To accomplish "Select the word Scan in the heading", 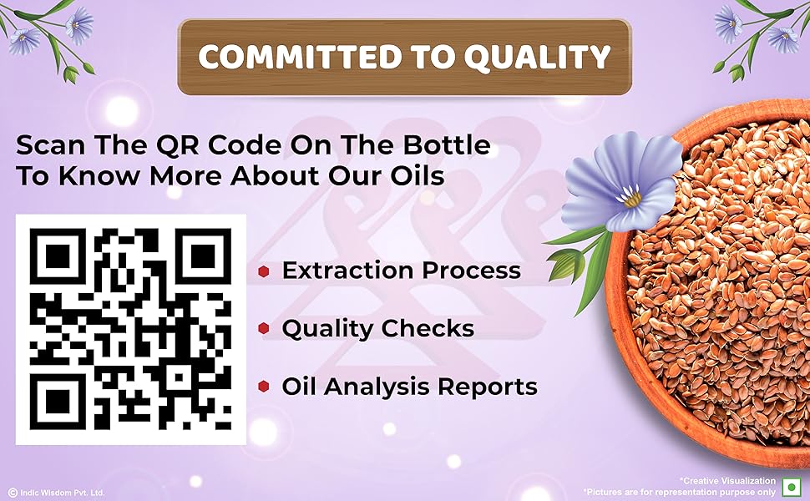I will tap(50, 145).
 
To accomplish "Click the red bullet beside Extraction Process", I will tap(264, 271).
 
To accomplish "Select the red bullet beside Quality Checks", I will tap(264, 329).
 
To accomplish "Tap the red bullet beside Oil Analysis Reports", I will tap(264, 387).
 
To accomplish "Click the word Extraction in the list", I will tap(342, 271).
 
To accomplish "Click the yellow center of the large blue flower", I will tap(632, 199).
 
